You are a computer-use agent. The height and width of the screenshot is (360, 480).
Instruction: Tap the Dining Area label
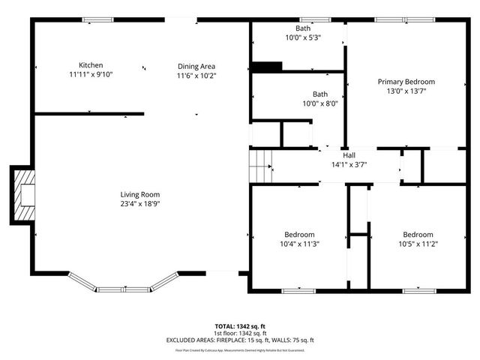tap(196, 66)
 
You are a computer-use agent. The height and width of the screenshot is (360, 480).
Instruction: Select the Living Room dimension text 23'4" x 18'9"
tap(139, 203)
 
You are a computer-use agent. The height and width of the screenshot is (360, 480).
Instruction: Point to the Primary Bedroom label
tap(406, 82)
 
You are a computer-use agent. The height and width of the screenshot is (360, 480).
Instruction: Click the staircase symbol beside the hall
tap(259, 163)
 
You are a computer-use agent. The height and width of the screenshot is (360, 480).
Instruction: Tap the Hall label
tap(348, 154)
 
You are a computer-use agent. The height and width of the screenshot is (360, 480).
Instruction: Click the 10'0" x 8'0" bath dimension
tap(319, 104)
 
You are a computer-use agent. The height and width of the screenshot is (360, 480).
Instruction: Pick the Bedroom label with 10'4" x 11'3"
tap(299, 234)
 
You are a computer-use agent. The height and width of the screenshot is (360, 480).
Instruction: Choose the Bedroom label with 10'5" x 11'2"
tap(417, 234)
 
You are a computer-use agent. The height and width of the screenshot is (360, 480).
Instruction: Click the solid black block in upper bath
tap(266, 67)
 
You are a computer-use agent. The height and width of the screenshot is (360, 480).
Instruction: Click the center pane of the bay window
tap(124, 289)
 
